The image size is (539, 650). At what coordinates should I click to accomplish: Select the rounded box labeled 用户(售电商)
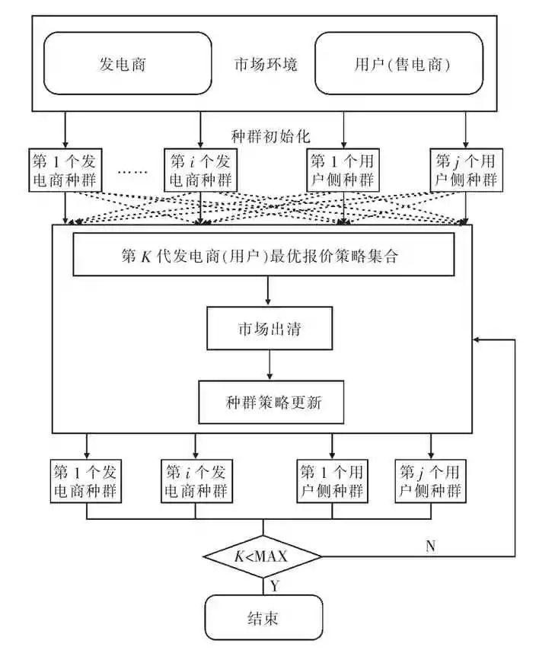[x=398, y=65]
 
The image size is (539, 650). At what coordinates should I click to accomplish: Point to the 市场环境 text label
[x=266, y=65]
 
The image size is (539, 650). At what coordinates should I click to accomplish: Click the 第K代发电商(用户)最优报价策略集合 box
[x=263, y=256]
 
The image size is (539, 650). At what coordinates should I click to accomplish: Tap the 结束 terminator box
[x=263, y=617]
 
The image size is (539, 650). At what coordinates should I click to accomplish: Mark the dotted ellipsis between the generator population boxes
[x=133, y=172]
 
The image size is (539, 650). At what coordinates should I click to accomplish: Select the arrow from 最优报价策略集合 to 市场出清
[x=269, y=291]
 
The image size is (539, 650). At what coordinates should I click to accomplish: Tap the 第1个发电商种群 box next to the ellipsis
[x=65, y=170]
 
